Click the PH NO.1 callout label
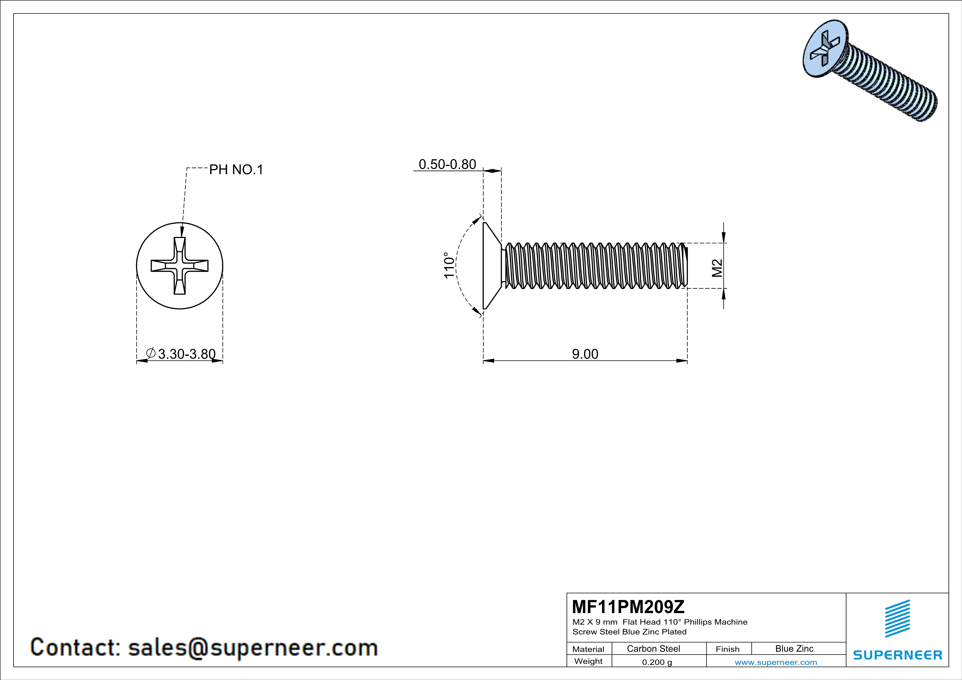coord(236,169)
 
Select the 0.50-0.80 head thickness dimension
coord(447,164)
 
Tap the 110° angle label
coord(449,265)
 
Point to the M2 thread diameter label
coord(717,268)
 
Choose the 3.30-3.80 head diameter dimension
coord(187,354)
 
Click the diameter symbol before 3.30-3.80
coord(151,353)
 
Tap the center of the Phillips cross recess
coord(180,265)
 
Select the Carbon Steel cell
coord(653,648)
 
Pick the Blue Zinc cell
coord(794,648)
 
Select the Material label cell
coord(588,649)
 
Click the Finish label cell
coord(727,649)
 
